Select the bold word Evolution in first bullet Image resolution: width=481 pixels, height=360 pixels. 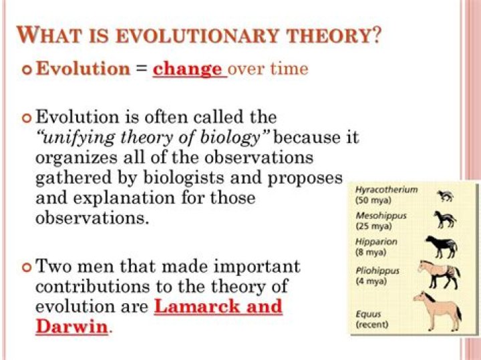point(82,69)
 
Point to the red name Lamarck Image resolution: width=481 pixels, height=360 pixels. point(191,307)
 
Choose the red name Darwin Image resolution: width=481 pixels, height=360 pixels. point(71,327)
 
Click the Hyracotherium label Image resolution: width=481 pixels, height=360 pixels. point(386,190)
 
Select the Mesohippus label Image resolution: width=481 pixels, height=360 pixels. point(381,216)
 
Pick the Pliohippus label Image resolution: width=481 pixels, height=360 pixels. point(379,271)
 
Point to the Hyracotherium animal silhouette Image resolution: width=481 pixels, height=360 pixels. point(444,196)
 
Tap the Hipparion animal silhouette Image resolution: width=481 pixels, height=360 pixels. point(441,246)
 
